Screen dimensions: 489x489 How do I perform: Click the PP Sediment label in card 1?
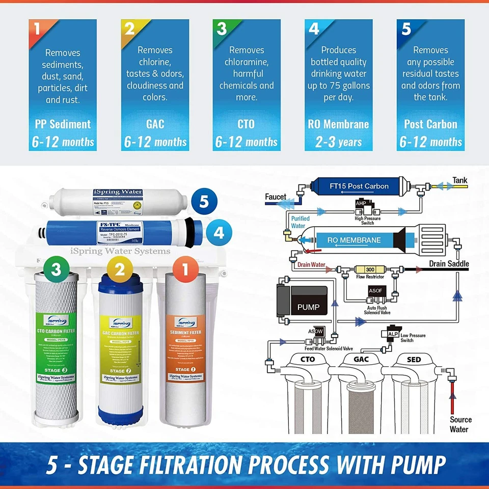tap(63, 124)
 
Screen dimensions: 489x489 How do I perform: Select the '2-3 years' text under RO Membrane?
tap(339, 142)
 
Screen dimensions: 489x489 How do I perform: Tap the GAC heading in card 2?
tap(155, 124)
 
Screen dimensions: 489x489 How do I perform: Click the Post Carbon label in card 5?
tap(430, 124)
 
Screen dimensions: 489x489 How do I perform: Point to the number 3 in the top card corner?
tap(222, 29)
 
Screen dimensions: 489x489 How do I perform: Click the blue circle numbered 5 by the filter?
tap(204, 202)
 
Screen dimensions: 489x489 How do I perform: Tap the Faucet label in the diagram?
tap(276, 197)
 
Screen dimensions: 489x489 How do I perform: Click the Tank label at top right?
tap(459, 180)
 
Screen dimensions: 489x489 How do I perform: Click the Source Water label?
tap(460, 424)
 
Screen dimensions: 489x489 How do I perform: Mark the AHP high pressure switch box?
tap(361, 203)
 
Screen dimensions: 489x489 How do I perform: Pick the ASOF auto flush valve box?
tap(375, 291)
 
